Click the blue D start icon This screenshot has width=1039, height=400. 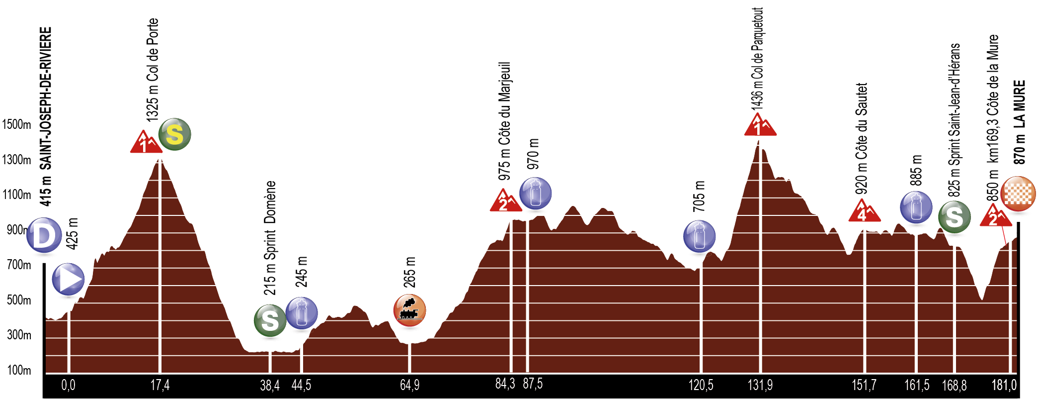coord(44,235)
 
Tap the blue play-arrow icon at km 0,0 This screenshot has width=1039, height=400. coord(69,279)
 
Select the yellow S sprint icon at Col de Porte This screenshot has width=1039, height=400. coord(174,134)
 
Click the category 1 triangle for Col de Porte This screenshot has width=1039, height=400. coord(145,143)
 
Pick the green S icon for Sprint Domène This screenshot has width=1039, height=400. coord(270,321)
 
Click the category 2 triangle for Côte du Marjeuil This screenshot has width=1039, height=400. coord(505,201)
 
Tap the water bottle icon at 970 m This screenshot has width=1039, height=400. coord(535,193)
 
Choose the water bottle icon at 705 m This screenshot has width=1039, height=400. coord(699,236)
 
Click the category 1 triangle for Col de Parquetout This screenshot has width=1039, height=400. coord(759,125)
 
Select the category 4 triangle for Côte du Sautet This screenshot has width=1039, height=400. coord(864,211)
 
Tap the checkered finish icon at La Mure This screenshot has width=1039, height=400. coord(1018,194)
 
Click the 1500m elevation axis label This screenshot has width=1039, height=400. coord(16,124)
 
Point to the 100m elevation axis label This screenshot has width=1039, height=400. coord(19,370)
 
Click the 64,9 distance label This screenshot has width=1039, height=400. coord(409,385)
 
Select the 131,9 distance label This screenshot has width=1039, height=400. coord(760,385)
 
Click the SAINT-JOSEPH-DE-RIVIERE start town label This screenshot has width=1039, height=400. coord(46,99)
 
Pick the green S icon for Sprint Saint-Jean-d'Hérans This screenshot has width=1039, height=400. coord(954,217)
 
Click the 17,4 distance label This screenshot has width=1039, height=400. coord(160,385)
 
